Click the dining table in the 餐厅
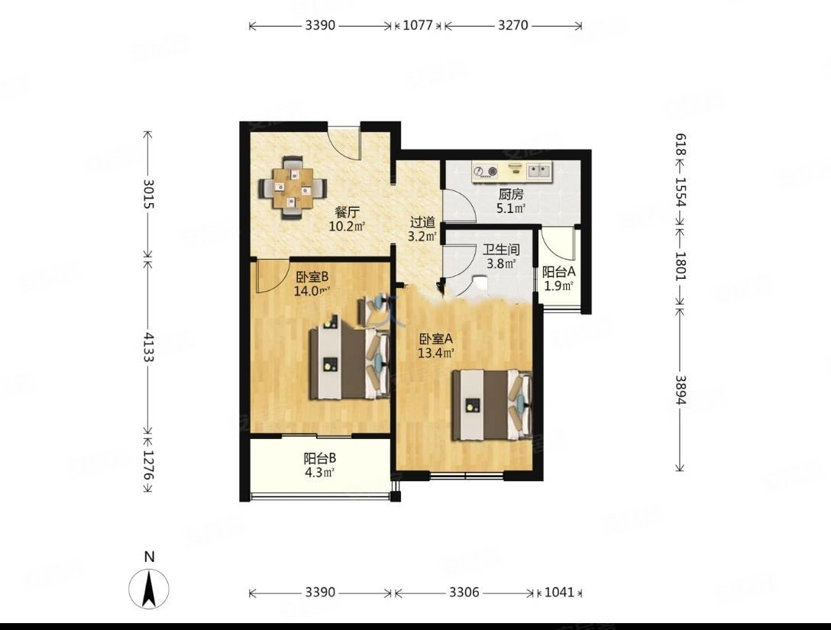pos(292,188)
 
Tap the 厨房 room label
pos(510,195)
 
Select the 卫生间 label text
pos(501,250)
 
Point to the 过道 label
pos(423,222)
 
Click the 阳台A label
pos(558,273)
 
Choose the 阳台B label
pos(319,458)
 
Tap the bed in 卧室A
pos(492,405)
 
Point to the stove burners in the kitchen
pos(486,170)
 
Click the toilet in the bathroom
pos(479,283)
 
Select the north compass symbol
pos(149,588)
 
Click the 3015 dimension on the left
pos(148,194)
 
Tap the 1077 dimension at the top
pos(418,25)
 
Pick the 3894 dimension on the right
pos(681,389)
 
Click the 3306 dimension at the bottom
pos(464,593)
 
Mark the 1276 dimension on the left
pos(148,465)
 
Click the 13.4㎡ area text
pos(435,353)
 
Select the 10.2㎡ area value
pos(347,227)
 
